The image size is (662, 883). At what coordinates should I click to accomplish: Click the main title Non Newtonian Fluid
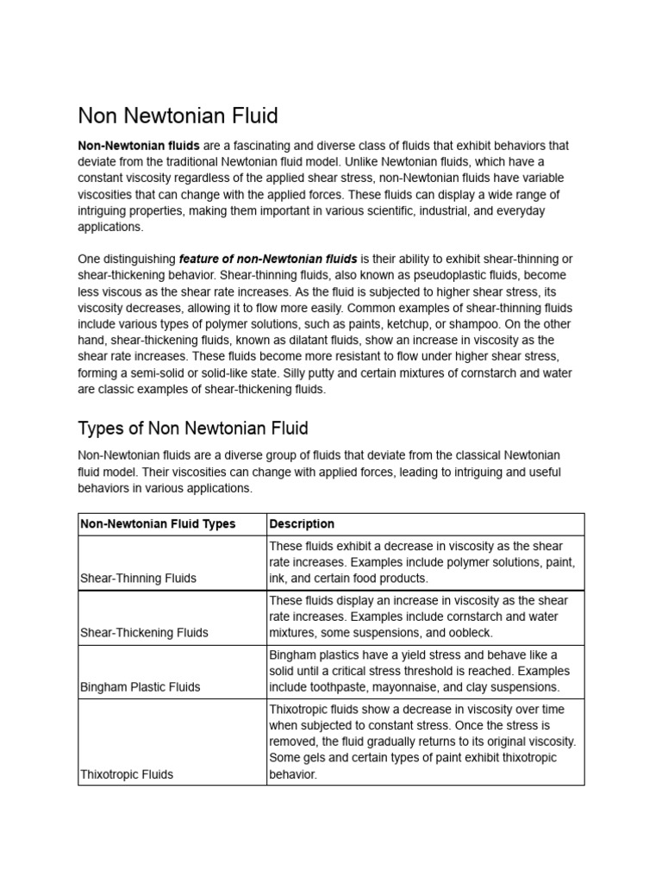(178, 116)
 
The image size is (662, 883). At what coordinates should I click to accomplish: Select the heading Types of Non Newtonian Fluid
(193, 428)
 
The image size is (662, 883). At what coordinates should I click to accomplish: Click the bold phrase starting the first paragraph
(139, 146)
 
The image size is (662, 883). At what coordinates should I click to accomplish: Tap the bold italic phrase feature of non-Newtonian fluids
(268, 260)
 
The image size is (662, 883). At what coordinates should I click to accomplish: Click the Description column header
(302, 524)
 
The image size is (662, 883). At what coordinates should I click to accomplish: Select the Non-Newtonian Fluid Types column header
(157, 524)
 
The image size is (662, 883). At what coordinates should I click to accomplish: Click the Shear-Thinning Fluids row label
(138, 579)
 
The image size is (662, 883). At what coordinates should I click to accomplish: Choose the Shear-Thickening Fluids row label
(144, 633)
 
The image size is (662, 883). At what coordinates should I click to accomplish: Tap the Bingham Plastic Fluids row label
(140, 687)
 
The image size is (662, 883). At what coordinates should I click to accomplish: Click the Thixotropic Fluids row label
(127, 774)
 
